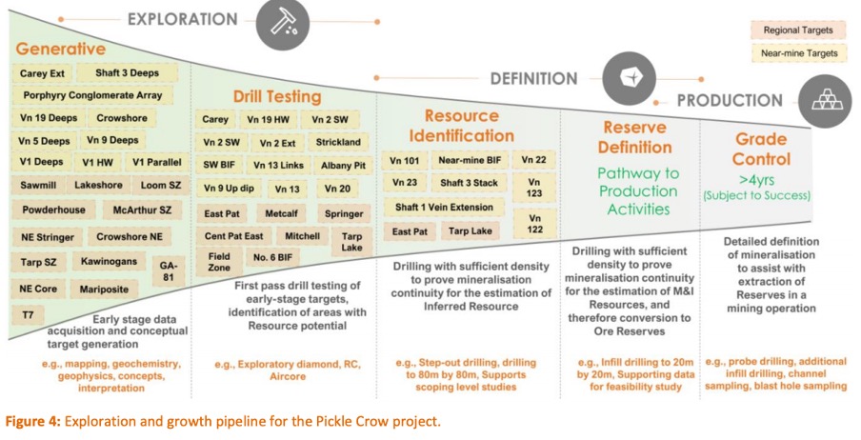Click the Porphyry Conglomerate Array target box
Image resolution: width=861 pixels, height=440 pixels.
(92, 95)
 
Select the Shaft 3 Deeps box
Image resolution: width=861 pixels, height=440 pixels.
(128, 73)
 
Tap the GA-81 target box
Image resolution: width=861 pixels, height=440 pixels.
(168, 271)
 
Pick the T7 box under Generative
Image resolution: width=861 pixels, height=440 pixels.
(28, 315)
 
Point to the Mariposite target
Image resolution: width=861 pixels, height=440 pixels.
(104, 290)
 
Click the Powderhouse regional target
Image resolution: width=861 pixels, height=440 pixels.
(53, 210)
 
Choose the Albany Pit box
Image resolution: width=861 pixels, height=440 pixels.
(343, 166)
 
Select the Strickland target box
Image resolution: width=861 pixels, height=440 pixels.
(338, 142)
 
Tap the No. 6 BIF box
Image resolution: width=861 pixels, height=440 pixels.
(273, 258)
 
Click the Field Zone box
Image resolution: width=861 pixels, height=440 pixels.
(219, 262)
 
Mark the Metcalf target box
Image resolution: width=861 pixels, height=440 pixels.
(281, 213)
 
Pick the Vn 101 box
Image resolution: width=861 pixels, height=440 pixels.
(404, 161)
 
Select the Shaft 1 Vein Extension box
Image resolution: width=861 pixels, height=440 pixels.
(444, 208)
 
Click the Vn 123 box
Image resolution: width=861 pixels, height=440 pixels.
(534, 187)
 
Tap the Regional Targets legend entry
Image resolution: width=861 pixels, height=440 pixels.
(798, 30)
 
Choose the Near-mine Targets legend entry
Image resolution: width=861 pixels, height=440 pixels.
(799, 53)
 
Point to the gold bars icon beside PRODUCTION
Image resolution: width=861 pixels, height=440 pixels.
(825, 101)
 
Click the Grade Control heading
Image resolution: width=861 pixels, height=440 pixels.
(761, 149)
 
